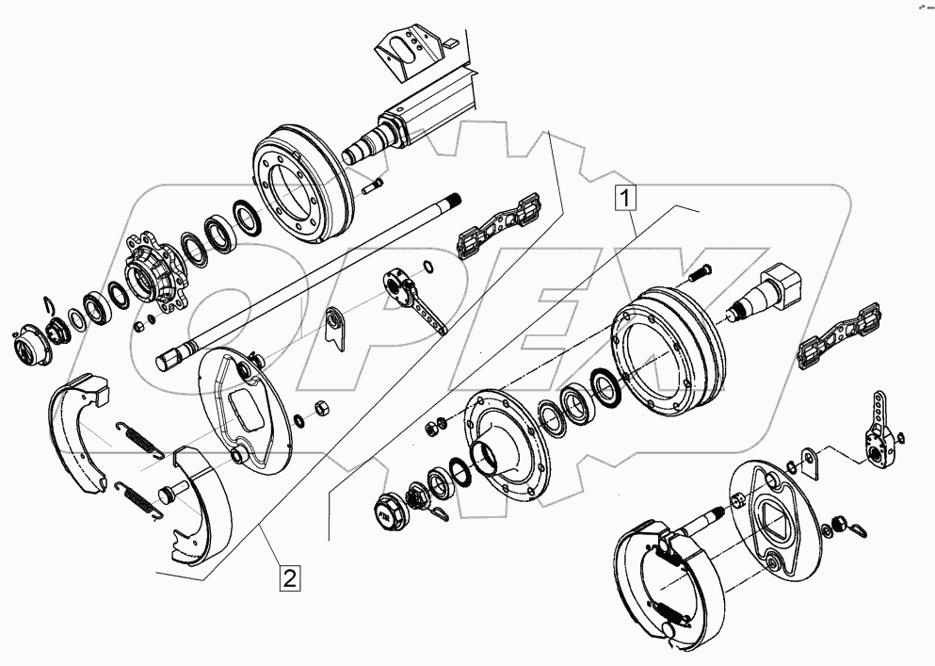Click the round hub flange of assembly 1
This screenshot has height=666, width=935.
pyautogui.click(x=509, y=443)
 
